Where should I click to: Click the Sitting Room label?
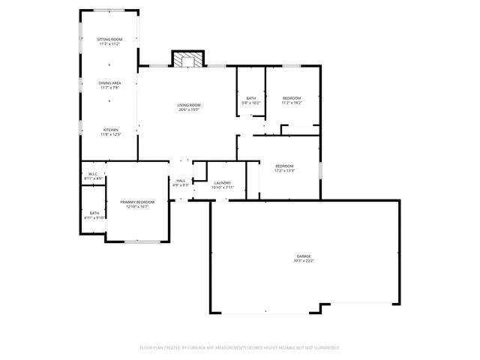[109, 39]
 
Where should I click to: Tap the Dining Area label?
[109, 83]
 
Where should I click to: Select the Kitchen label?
[110, 130]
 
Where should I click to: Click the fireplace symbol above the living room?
[186, 58]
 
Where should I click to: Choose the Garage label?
[303, 256]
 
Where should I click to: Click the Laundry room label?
[222, 183]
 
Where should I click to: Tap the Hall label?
[181, 180]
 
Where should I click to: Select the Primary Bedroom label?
[137, 202]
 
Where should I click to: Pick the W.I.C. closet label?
[94, 174]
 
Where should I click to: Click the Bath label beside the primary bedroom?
[94, 213]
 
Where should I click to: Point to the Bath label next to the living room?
[251, 98]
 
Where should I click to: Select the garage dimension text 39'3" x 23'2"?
[303, 261]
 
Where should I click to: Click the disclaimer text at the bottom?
[240, 348]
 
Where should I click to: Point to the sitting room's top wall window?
[109, 10]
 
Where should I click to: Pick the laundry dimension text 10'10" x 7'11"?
[222, 187]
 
